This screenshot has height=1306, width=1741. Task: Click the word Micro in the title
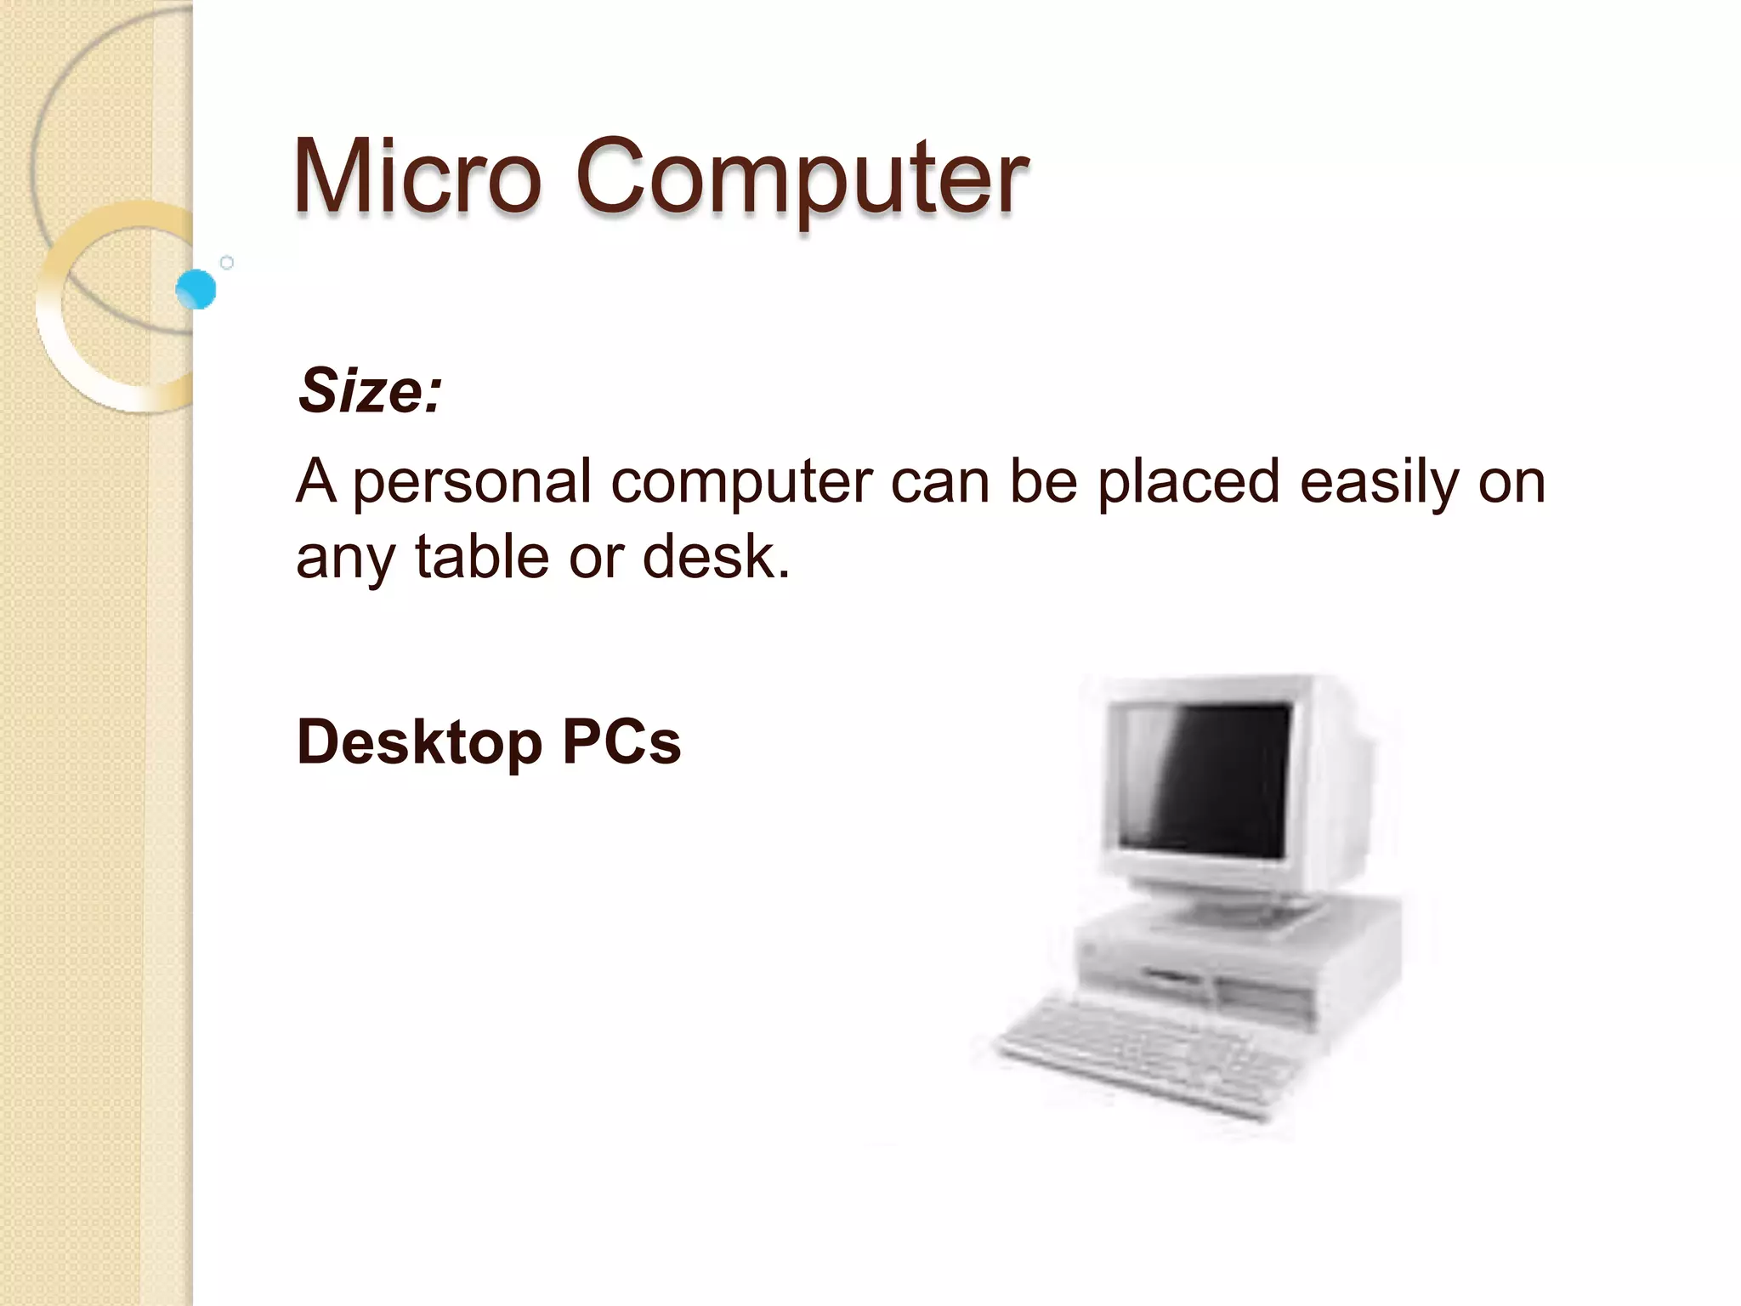(x=417, y=177)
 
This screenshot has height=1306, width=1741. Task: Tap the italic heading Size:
(x=370, y=391)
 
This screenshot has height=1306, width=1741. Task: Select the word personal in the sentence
(x=472, y=483)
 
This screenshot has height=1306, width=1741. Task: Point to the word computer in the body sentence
(x=742, y=483)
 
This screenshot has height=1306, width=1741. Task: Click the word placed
(x=1188, y=481)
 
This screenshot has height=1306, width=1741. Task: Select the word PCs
(x=621, y=741)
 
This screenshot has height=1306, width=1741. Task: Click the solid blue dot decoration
(x=196, y=289)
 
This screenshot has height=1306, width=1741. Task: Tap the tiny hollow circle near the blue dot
(x=227, y=263)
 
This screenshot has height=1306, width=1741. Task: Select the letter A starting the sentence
(x=315, y=481)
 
